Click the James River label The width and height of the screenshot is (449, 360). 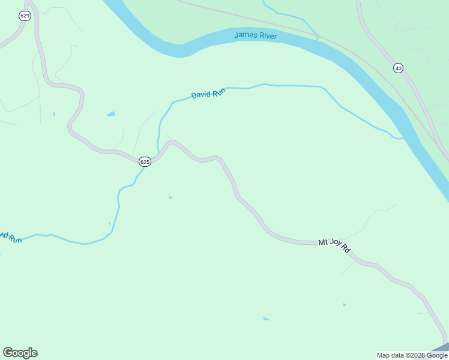(255, 35)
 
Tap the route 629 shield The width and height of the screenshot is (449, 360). (25, 16)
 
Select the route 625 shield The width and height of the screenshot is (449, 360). (145, 162)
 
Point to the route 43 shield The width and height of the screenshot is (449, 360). (398, 68)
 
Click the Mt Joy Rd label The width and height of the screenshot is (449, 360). (334, 245)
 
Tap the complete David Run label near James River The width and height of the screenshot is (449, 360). (208, 94)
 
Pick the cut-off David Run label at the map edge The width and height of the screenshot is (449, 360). (10, 237)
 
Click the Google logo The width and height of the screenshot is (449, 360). (20, 353)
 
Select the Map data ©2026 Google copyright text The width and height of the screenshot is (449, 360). (412, 355)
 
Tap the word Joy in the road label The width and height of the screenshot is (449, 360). (334, 244)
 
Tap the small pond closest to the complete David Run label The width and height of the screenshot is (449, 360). (111, 114)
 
